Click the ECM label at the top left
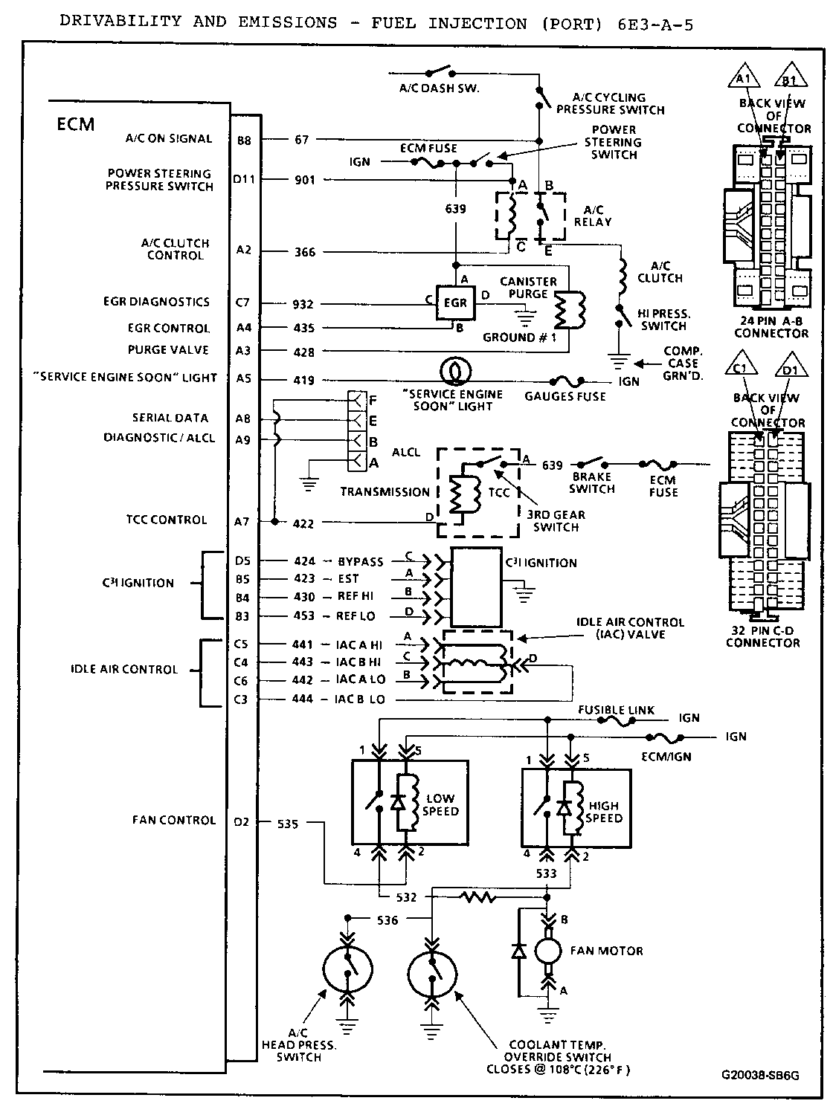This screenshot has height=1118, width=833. (76, 123)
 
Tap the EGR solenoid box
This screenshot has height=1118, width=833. (454, 303)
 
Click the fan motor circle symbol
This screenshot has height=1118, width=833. (550, 951)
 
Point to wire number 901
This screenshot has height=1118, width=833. (305, 180)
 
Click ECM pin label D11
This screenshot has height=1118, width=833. (243, 180)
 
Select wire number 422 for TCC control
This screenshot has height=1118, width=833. (303, 523)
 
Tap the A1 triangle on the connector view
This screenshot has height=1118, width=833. (745, 80)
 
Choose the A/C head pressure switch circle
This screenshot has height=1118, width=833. (347, 969)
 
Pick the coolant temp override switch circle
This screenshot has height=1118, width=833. (433, 969)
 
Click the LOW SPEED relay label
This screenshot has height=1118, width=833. (440, 805)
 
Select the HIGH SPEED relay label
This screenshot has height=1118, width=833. (603, 812)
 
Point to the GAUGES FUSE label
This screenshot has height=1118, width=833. (565, 396)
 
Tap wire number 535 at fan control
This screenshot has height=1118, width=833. (288, 824)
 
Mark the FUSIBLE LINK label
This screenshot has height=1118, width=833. (617, 710)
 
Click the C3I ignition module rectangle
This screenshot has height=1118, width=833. (476, 587)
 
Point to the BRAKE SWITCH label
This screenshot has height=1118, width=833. (592, 483)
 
